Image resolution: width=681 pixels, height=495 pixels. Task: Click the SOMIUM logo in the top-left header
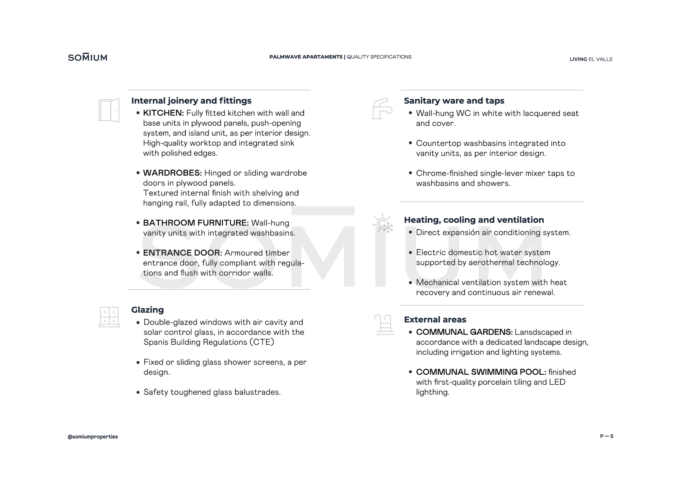click(x=88, y=58)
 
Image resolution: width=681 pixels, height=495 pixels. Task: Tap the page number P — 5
click(x=606, y=436)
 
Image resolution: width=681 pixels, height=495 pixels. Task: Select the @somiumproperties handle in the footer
click(x=93, y=437)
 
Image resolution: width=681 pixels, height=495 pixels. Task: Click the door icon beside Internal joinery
click(x=109, y=110)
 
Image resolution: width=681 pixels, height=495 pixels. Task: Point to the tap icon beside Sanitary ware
click(x=382, y=109)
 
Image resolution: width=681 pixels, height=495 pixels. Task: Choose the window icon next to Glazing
click(x=109, y=317)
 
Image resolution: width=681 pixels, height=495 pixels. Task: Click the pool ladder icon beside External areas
click(x=384, y=325)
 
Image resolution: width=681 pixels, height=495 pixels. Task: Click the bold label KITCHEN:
click(x=163, y=113)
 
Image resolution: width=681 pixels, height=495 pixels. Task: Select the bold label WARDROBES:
click(x=172, y=173)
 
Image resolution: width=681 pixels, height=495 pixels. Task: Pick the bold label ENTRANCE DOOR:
click(x=182, y=253)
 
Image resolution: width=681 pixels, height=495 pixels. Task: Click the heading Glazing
click(x=147, y=310)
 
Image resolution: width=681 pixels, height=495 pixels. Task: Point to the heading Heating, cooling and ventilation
click(x=474, y=220)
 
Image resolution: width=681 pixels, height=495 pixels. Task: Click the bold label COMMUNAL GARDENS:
click(x=464, y=332)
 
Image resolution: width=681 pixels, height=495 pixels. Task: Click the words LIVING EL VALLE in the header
click(x=591, y=59)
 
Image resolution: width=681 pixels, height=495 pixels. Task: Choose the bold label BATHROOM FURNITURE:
click(x=196, y=223)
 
